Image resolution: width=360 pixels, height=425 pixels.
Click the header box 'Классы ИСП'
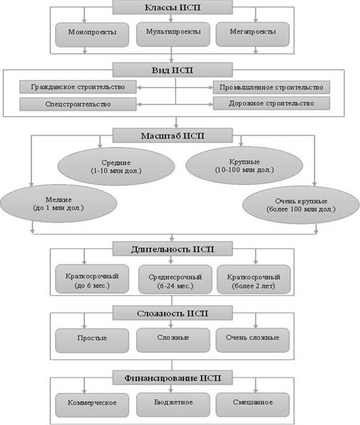point(173,7)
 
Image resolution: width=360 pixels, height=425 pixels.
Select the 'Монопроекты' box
point(92,35)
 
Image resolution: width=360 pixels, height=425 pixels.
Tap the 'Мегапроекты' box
point(252,34)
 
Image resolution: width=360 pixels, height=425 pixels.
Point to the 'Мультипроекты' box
point(173,34)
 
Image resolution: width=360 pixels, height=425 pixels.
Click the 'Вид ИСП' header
point(173,70)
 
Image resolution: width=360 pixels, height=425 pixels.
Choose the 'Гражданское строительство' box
point(78,87)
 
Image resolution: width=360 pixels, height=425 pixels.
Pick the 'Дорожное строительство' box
point(272,103)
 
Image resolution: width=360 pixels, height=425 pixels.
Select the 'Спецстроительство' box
point(78,104)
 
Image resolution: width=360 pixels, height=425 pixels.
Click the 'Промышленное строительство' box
point(272,87)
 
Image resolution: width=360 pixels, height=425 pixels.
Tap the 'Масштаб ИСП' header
point(173,135)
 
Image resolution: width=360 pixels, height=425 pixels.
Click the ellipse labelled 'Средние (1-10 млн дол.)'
point(116,166)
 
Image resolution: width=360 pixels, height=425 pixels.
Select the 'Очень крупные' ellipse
point(301,205)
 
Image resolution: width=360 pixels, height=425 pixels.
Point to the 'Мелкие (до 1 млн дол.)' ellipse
point(58,203)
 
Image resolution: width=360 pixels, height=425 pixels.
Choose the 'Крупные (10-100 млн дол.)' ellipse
point(244,165)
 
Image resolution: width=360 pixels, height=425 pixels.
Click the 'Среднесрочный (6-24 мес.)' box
point(175,280)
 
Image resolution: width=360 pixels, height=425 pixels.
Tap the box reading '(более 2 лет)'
point(254,280)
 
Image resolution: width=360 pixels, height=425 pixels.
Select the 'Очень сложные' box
point(252,340)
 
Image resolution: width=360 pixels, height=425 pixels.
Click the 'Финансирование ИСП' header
point(173,377)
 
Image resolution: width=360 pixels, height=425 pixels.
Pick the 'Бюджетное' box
point(173,405)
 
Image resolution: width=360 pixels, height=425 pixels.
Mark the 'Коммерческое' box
point(92,405)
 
